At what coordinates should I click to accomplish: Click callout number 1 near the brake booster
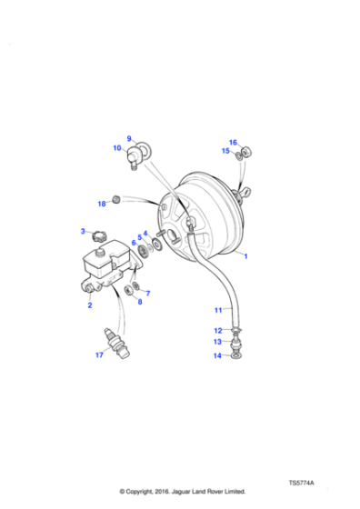(245, 257)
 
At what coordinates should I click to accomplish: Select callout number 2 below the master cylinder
(90, 305)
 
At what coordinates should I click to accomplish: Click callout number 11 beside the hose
(217, 310)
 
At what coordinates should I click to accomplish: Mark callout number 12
(217, 330)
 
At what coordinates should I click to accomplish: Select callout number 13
(217, 342)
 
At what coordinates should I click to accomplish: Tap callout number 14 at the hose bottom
(217, 355)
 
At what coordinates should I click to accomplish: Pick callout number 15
(226, 151)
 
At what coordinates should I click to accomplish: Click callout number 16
(233, 143)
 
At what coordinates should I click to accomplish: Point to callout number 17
(99, 355)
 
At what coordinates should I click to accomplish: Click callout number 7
(148, 293)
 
